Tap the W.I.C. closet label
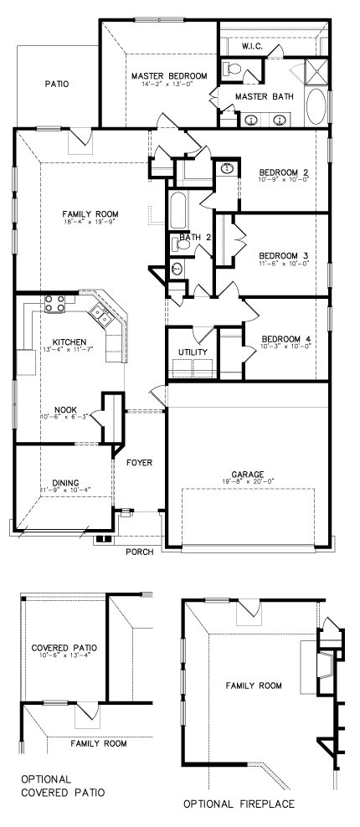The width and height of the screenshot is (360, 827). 252,47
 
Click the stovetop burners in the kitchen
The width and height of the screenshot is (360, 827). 55,304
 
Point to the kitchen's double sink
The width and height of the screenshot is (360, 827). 102,315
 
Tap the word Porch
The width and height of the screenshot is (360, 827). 138,552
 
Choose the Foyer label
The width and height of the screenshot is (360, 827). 138,462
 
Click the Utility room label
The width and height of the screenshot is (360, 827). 193,352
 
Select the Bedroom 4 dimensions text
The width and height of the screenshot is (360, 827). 284,347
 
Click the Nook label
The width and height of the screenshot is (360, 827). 65,409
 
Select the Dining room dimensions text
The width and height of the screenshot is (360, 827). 65,490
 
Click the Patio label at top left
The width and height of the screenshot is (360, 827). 57,84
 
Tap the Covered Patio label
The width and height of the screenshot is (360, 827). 64,647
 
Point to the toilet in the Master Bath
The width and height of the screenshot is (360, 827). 230,71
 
